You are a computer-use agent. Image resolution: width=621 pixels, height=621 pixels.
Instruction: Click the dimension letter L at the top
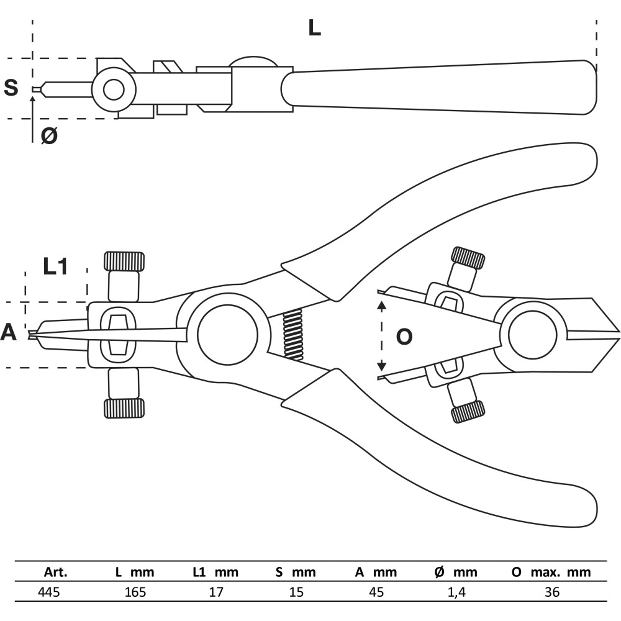(314, 28)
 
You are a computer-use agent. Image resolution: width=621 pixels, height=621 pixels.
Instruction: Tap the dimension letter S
(11, 88)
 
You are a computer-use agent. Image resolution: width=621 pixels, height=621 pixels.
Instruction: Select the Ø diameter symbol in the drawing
(49, 136)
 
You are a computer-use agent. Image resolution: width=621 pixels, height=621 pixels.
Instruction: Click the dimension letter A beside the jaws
(9, 332)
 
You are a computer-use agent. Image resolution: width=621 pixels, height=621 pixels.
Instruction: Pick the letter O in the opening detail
(404, 337)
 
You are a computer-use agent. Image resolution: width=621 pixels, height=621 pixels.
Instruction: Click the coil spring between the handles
(292, 335)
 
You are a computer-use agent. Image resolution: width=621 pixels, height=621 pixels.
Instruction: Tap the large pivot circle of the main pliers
(227, 335)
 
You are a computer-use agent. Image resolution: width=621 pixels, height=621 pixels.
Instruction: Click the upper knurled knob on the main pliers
(124, 261)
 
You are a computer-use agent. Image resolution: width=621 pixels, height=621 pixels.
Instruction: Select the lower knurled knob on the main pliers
(124, 409)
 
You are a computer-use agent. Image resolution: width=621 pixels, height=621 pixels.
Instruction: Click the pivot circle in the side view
(114, 90)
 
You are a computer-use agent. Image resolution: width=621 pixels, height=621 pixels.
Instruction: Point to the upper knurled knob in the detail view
(468, 258)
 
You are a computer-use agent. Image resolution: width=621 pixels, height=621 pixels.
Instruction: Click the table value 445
(48, 592)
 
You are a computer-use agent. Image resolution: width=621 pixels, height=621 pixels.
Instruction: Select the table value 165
(135, 592)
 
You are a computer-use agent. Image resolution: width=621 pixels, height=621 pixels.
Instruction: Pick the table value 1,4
(456, 592)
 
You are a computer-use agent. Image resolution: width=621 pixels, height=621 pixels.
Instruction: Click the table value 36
(552, 592)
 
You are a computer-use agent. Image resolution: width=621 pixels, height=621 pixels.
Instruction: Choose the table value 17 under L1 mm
(216, 592)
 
